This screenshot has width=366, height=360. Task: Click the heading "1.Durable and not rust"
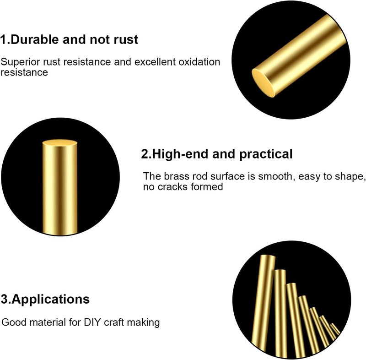69,40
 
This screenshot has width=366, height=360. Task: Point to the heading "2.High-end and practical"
216,154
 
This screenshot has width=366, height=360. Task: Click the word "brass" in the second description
175,176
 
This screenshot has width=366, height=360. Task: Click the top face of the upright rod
59,143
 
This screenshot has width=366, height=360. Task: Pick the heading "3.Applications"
45,300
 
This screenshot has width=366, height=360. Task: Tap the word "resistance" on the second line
24,72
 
